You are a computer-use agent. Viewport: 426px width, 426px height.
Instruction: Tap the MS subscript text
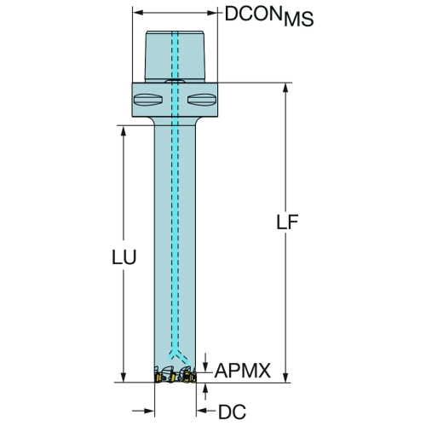(299, 20)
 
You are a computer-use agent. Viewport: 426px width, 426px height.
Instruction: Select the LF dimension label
(287, 222)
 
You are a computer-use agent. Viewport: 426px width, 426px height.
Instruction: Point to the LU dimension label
(124, 257)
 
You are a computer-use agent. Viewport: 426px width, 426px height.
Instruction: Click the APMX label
(243, 371)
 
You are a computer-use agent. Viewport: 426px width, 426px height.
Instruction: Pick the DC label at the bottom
(232, 412)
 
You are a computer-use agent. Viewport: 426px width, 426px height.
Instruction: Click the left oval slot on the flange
(147, 100)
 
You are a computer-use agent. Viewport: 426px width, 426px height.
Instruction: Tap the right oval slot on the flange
(201, 100)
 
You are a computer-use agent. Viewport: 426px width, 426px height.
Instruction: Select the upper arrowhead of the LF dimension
(285, 89)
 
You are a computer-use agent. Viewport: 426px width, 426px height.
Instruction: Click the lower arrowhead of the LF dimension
(285, 377)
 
